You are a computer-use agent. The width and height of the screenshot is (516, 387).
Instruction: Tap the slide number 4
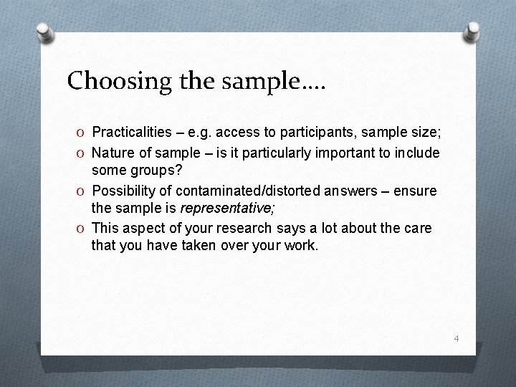click(455, 338)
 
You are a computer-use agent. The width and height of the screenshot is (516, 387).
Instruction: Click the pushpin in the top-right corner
click(472, 31)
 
